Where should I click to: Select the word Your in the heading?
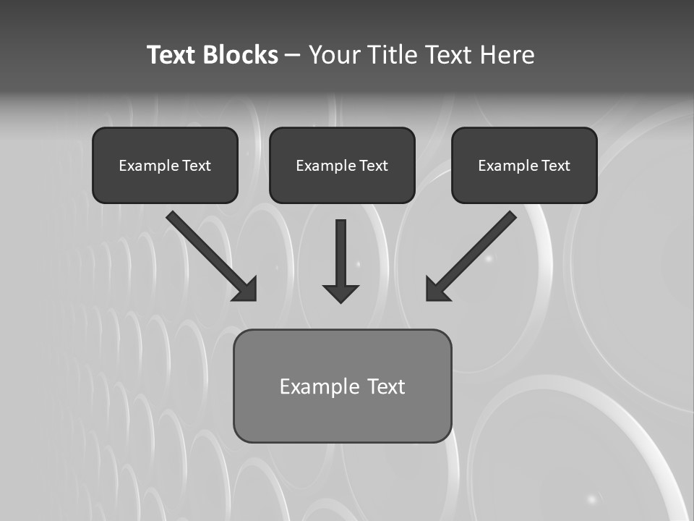tap(332, 55)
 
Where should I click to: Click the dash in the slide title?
tap(293, 56)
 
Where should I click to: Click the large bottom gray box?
tap(342, 416)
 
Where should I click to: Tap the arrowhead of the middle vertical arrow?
tap(340, 293)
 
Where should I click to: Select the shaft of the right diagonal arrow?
tap(481, 246)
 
